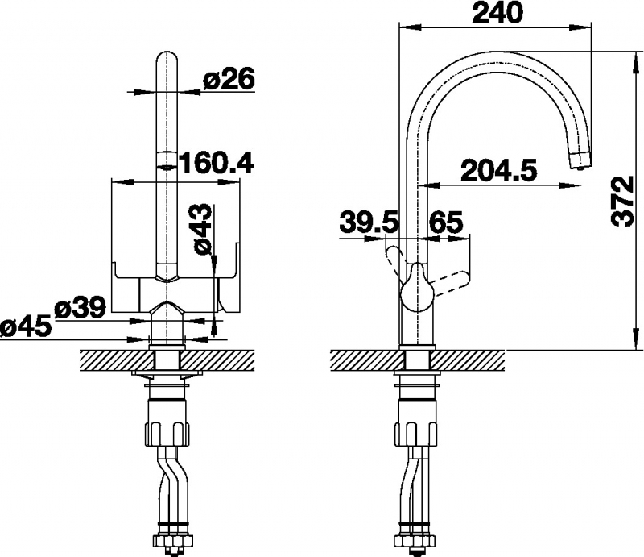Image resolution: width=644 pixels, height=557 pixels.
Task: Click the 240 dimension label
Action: point(497,13)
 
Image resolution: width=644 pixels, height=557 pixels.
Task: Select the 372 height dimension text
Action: point(621,201)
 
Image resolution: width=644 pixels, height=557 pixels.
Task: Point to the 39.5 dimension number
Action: point(369,223)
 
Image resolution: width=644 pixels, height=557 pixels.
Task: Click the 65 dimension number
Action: point(445,223)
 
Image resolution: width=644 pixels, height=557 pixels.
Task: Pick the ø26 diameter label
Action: point(229,78)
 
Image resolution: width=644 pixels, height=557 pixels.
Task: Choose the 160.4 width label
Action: point(217,163)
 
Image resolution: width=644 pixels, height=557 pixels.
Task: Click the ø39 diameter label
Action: point(80,308)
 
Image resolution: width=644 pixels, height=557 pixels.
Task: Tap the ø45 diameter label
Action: point(27,328)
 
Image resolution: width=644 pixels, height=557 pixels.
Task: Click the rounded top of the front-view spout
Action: point(167,57)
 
